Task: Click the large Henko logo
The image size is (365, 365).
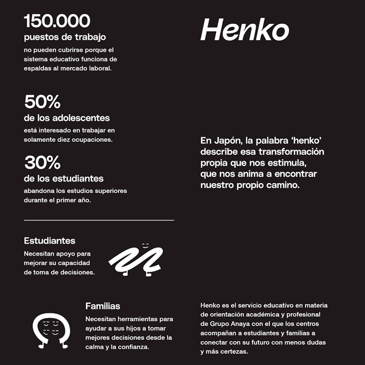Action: point(245,30)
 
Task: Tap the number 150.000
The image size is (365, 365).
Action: point(57,21)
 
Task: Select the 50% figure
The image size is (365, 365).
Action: point(42,102)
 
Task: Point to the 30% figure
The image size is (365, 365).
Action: point(42,163)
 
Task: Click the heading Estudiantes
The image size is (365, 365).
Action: point(49,240)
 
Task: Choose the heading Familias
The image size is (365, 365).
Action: point(103,306)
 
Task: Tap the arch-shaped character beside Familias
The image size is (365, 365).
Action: point(51,331)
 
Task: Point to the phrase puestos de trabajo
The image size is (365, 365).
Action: point(65,37)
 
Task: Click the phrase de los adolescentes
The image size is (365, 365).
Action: point(67,118)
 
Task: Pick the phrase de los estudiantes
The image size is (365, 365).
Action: point(64,178)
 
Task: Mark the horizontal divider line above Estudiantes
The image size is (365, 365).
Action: point(99,220)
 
